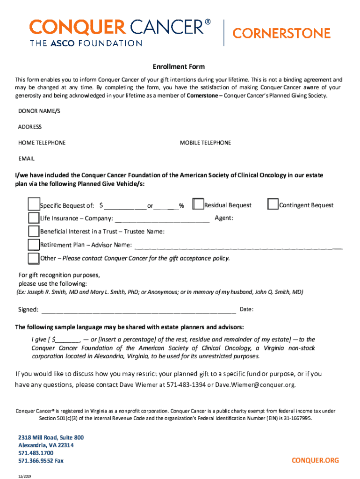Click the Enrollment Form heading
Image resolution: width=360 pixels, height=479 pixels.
tap(179, 67)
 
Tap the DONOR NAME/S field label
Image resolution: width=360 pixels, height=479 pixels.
tap(39, 111)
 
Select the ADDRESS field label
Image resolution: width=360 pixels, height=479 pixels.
tap(30, 127)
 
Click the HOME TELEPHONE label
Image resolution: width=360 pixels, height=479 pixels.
tap(42, 143)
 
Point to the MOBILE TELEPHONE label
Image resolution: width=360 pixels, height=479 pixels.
tap(205, 143)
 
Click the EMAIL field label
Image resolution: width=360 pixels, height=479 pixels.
tap(26, 159)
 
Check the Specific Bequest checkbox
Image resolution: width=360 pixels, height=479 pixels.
tap(34, 204)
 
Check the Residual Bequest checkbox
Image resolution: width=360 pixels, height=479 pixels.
tap(198, 204)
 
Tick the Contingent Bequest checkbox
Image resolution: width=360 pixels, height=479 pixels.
tap(273, 204)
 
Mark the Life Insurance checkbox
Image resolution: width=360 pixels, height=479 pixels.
tap(34, 218)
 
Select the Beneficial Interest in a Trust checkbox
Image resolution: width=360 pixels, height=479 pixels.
tap(34, 231)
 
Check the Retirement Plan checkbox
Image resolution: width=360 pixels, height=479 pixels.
tap(34, 245)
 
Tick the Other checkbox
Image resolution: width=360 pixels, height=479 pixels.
tap(34, 258)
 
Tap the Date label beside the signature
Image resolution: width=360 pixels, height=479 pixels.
tap(246, 310)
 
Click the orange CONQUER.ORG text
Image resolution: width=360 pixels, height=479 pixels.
tap(315, 460)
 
